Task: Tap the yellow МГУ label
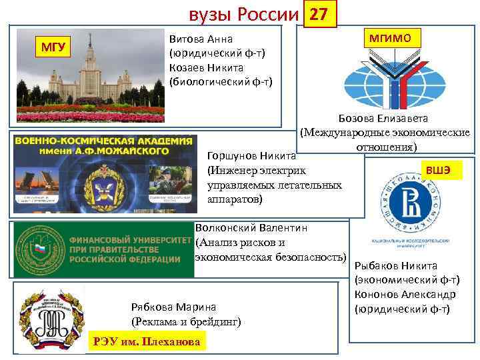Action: point(53,47)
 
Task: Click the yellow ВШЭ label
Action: point(439,171)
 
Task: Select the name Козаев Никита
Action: point(206,67)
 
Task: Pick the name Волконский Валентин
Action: point(251,228)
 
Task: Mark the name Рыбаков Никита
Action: point(396,265)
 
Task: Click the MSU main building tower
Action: point(91,67)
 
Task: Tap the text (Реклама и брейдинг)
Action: point(186,322)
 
